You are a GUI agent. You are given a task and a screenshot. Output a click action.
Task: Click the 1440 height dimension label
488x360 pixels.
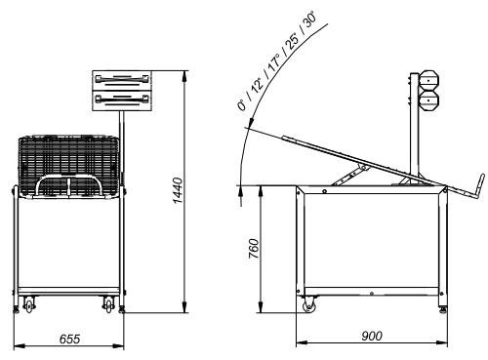pos(178,190)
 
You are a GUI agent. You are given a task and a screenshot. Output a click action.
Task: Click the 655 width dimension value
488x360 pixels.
pos(69,339)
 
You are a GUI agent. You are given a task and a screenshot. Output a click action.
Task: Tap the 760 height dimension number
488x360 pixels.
pos(254,249)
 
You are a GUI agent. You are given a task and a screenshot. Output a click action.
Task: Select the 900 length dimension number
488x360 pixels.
pos(372,336)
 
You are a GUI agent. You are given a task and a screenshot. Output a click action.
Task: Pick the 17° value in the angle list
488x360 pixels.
pos(274,61)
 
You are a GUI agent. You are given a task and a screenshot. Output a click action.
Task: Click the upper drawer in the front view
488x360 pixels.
pos(122,80)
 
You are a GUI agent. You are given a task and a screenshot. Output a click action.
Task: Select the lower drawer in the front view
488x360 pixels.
pos(122,100)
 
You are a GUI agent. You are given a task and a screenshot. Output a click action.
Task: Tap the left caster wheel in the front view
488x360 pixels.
pos(29,304)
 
